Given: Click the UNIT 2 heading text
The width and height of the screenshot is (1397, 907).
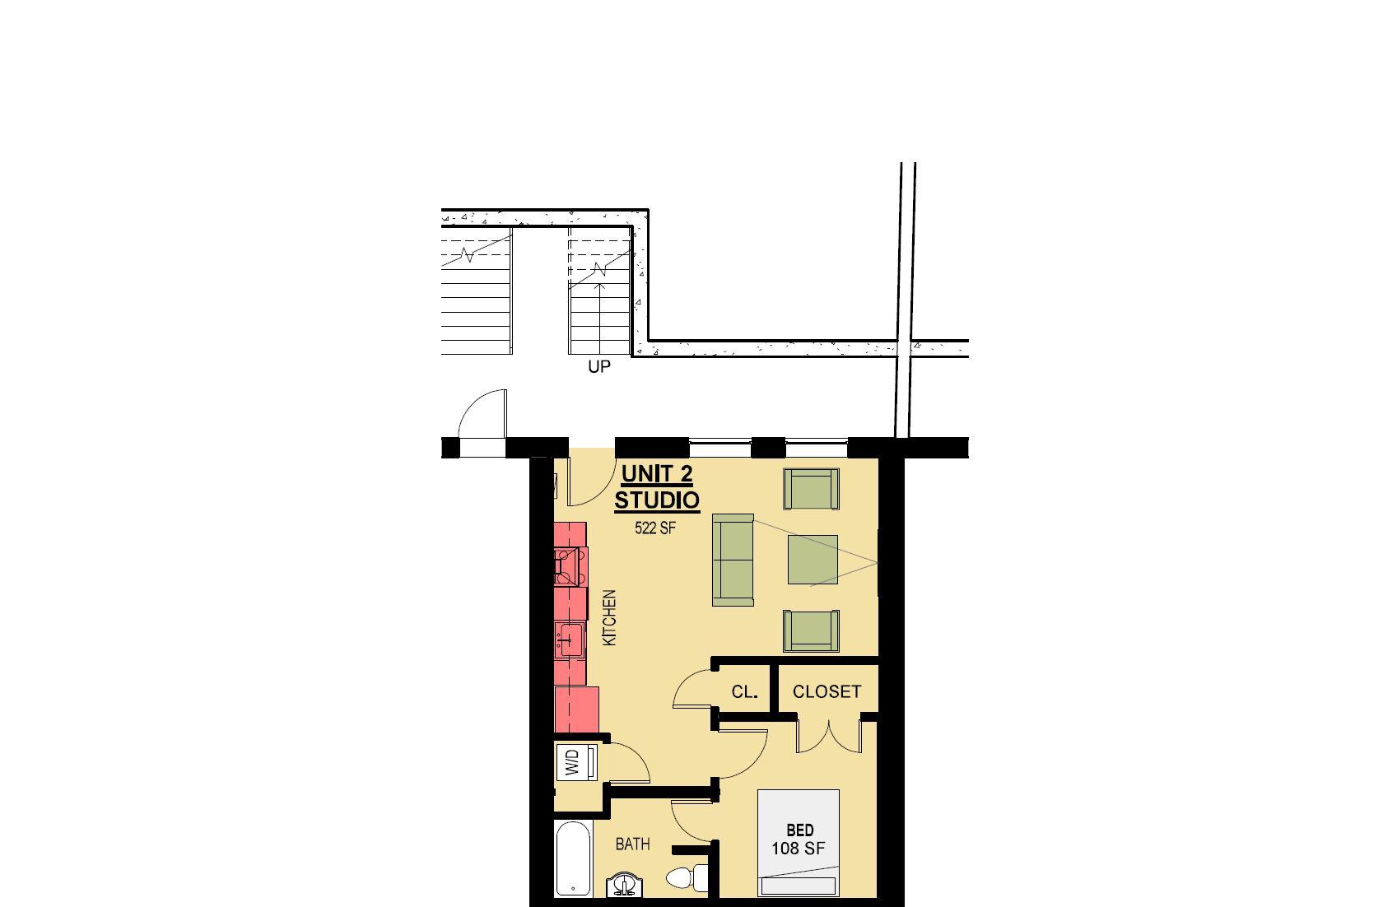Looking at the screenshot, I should [656, 474].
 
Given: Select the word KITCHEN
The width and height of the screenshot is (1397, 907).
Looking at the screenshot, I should [609, 616].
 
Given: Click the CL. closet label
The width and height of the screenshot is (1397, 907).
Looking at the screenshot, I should [744, 692].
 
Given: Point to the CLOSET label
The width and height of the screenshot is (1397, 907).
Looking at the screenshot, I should [827, 692].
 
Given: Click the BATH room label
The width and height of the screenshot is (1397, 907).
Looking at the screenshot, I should [632, 844].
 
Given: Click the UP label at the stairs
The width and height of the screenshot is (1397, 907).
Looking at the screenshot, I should [598, 367].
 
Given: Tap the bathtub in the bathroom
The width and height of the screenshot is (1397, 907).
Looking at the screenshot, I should [573, 859].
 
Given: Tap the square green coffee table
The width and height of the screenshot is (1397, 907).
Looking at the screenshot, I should [813, 560].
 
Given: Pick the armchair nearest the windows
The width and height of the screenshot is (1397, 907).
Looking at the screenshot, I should [812, 489].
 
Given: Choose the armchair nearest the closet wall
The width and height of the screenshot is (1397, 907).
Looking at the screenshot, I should [812, 630].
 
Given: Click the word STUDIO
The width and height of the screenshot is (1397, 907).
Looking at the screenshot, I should [657, 500].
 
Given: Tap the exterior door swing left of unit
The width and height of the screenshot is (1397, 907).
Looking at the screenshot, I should [482, 419].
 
